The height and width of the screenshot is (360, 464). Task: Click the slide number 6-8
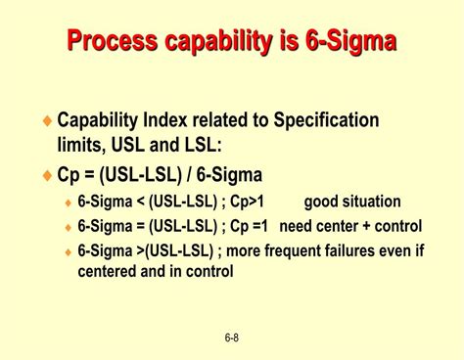click(x=232, y=338)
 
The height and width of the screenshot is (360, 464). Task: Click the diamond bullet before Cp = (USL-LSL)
click(x=48, y=176)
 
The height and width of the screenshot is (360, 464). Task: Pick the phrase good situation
click(x=351, y=202)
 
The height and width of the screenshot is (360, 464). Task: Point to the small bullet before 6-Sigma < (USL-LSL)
click(x=68, y=203)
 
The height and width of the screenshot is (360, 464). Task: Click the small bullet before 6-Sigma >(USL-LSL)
click(x=68, y=250)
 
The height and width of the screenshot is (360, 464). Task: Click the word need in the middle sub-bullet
click(x=298, y=226)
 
